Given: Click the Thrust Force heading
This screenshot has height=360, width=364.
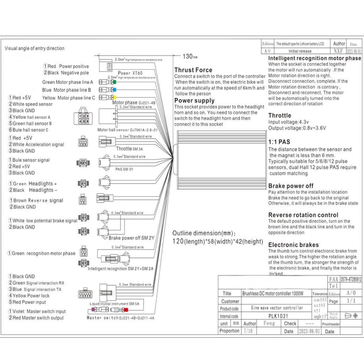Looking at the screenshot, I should click(x=193, y=70).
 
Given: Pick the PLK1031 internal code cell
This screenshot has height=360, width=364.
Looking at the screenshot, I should click(x=278, y=316).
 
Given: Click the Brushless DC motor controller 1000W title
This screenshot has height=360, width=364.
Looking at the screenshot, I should click(x=273, y=294).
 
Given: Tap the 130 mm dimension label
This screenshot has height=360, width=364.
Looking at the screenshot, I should click(x=190, y=56).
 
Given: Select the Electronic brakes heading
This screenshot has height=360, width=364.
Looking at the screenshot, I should click(x=293, y=245).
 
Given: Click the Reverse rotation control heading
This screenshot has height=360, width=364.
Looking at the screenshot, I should click(x=303, y=215).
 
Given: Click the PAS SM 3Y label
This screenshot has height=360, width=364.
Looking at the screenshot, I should click(x=124, y=169).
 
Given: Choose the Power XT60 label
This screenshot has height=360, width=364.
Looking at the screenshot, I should click(x=130, y=73).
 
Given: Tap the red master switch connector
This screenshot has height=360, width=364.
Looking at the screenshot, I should click(x=125, y=310).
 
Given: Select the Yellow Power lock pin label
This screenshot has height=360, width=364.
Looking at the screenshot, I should click(x=31, y=295).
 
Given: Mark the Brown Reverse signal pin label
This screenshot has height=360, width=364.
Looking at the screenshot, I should click(x=38, y=200).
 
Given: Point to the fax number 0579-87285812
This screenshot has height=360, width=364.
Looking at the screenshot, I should click(x=351, y=279).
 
